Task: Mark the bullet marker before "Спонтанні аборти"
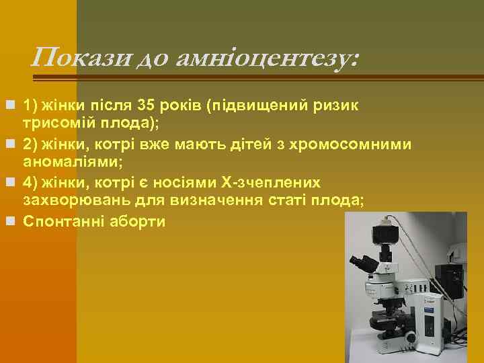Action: tap(8, 221)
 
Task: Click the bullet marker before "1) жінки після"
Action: tap(8, 106)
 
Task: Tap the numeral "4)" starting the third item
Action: tap(31, 183)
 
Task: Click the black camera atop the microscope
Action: tap(385, 233)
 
